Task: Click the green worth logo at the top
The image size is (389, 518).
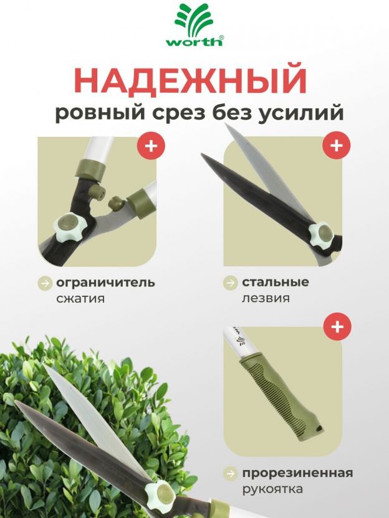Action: click(x=194, y=25)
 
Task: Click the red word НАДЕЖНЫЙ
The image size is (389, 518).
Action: click(x=190, y=80)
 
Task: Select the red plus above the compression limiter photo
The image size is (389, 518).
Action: click(x=151, y=146)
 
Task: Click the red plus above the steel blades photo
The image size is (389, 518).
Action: click(x=337, y=145)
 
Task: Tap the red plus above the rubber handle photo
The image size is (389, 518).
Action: click(x=337, y=326)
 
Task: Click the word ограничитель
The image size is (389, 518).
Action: click(x=105, y=283)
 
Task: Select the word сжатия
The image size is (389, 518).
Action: click(x=80, y=299)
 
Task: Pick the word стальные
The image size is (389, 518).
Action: click(x=276, y=282)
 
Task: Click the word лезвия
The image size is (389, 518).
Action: click(x=266, y=298)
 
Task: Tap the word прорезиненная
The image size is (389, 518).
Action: click(x=298, y=473)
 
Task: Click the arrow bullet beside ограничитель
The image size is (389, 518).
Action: click(x=45, y=283)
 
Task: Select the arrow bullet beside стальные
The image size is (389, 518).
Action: click(x=230, y=283)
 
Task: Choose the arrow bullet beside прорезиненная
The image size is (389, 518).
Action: click(x=231, y=473)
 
